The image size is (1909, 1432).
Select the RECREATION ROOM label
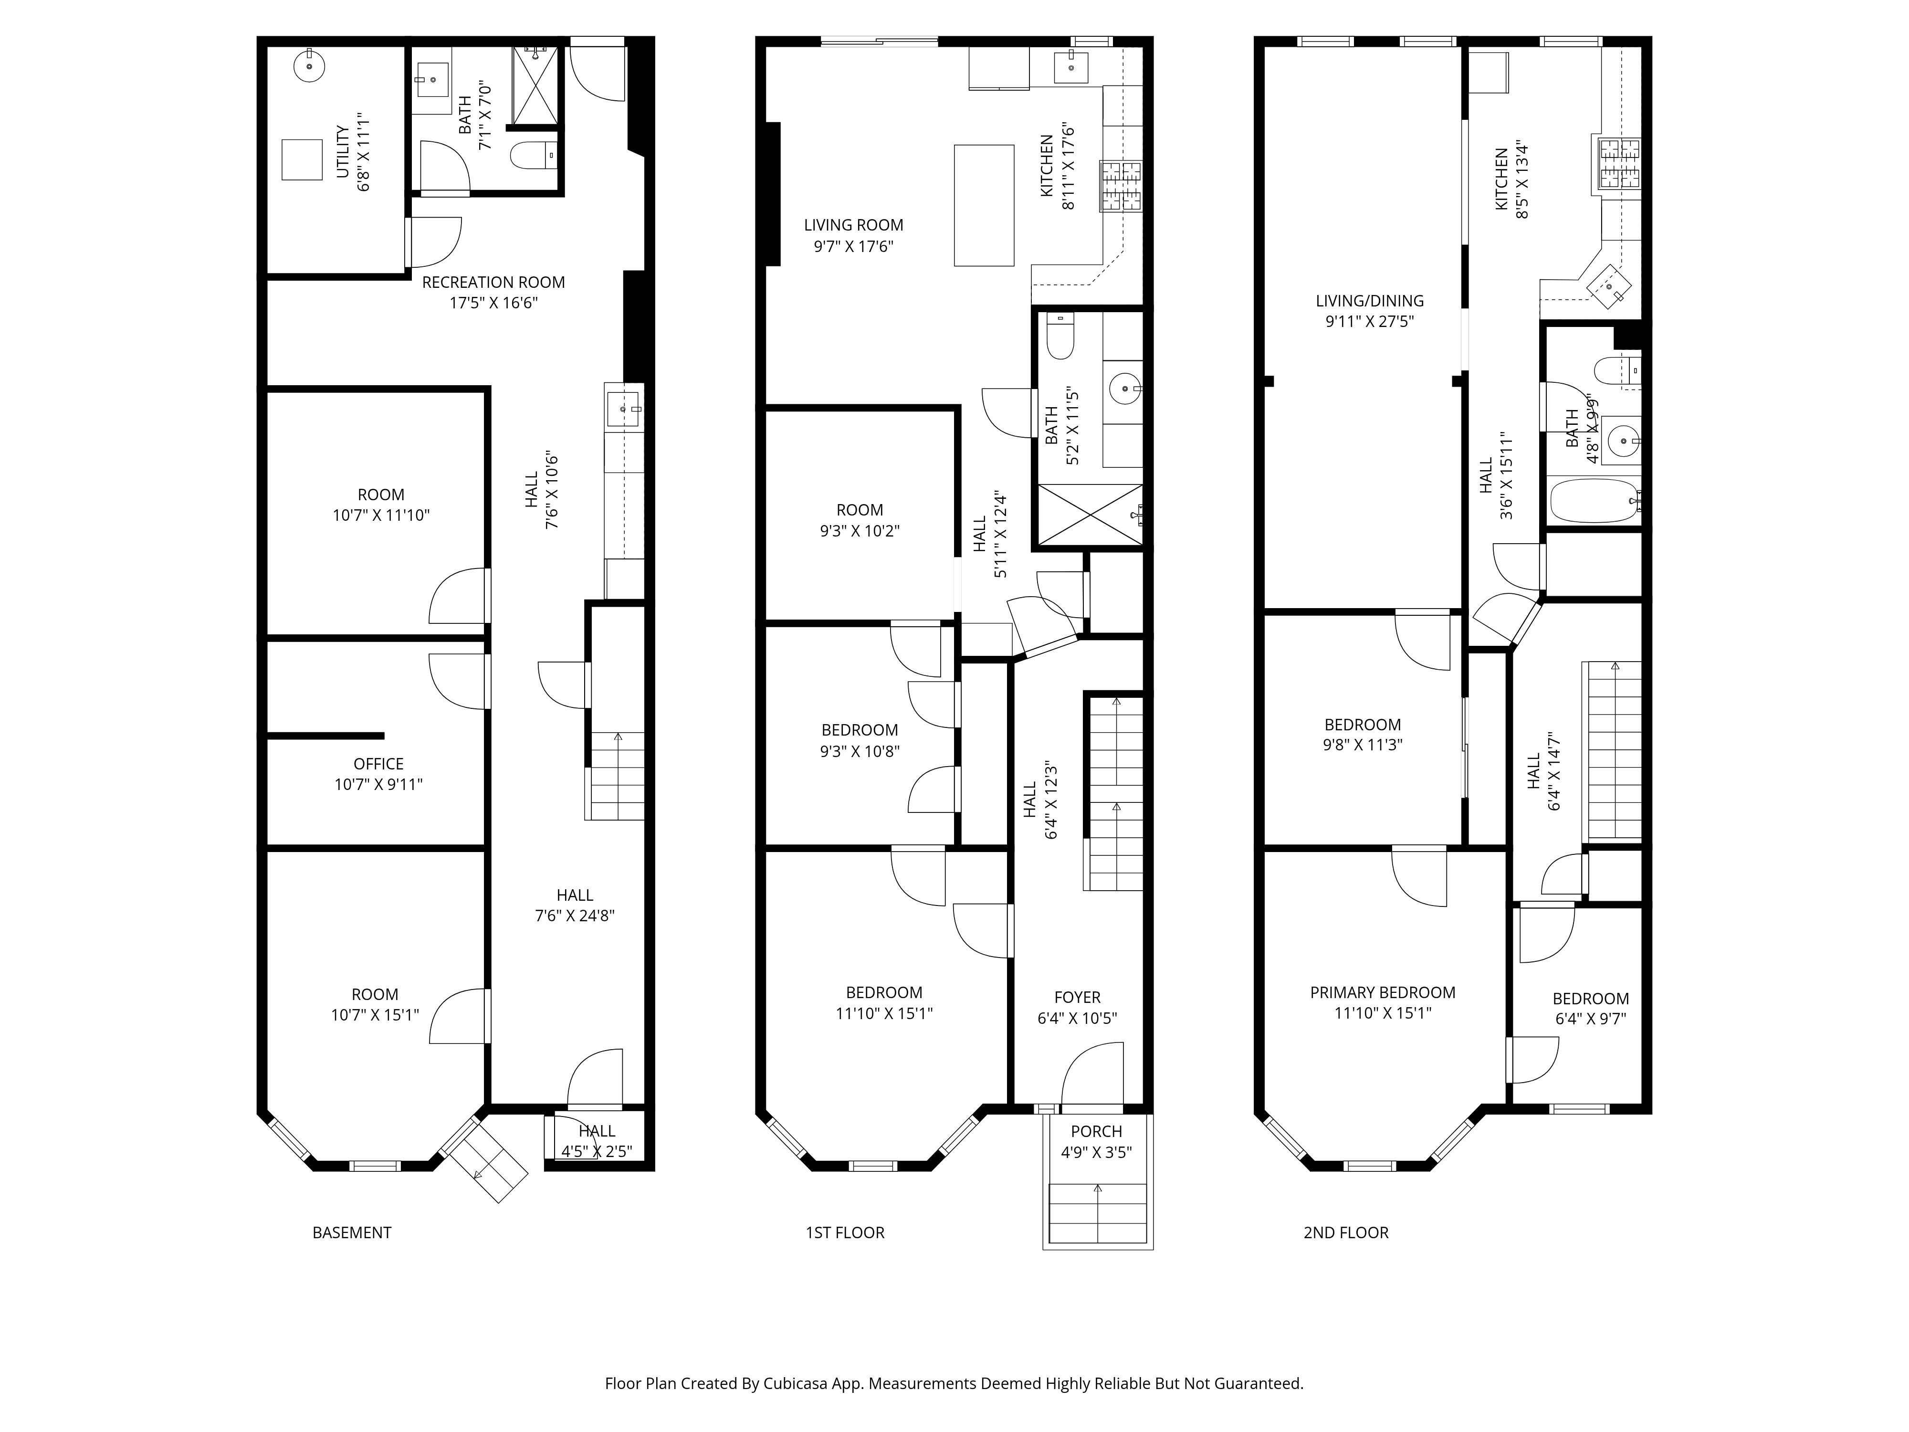(x=493, y=282)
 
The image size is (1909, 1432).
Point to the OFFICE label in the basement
(x=378, y=764)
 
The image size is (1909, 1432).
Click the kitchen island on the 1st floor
(x=983, y=205)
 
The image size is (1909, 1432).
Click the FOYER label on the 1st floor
(x=1077, y=997)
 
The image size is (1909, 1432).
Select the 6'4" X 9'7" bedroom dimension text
(x=1591, y=1019)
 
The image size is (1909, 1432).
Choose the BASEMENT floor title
(x=351, y=1232)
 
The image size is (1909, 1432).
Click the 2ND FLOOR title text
(x=1345, y=1232)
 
